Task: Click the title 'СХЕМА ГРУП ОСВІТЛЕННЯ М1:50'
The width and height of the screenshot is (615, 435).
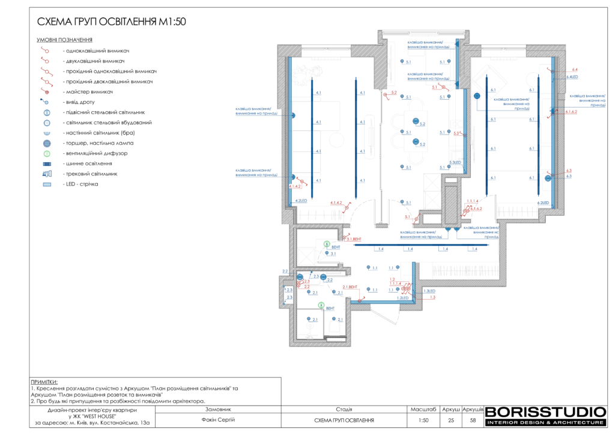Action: point(112,22)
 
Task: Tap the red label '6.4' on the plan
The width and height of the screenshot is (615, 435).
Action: point(575,70)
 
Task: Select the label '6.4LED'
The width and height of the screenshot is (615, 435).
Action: point(572,77)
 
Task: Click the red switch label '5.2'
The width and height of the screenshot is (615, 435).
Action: point(394,92)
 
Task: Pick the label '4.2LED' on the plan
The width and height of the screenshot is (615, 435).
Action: point(301,200)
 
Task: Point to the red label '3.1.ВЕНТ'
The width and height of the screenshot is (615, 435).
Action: point(354,239)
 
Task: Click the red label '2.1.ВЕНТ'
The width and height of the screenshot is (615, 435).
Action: point(350,287)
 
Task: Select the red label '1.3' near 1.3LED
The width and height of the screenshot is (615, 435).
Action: point(432,297)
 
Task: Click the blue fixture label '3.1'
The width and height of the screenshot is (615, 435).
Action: point(333,254)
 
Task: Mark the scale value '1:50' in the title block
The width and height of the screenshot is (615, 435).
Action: point(423,420)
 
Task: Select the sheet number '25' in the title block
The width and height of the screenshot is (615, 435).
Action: point(451,420)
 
